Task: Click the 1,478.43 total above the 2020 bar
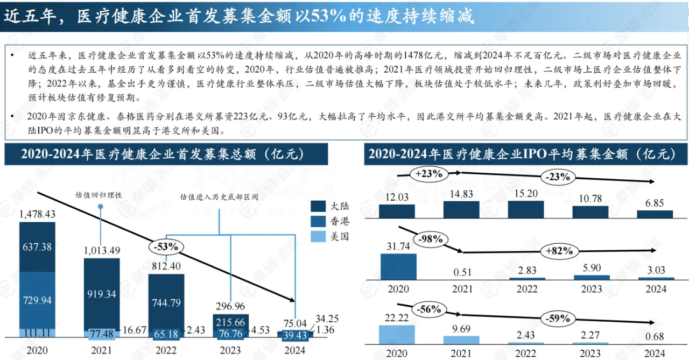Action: pos(37,215)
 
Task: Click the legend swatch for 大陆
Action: pos(318,207)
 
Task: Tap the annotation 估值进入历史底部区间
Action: pos(219,197)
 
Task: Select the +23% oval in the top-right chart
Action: pos(428,174)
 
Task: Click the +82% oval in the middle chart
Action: pos(560,251)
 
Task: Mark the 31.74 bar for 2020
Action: pos(398,266)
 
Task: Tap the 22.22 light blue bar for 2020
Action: pos(398,335)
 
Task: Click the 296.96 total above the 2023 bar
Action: pos(230,307)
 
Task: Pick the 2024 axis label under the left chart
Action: pos(294,350)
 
